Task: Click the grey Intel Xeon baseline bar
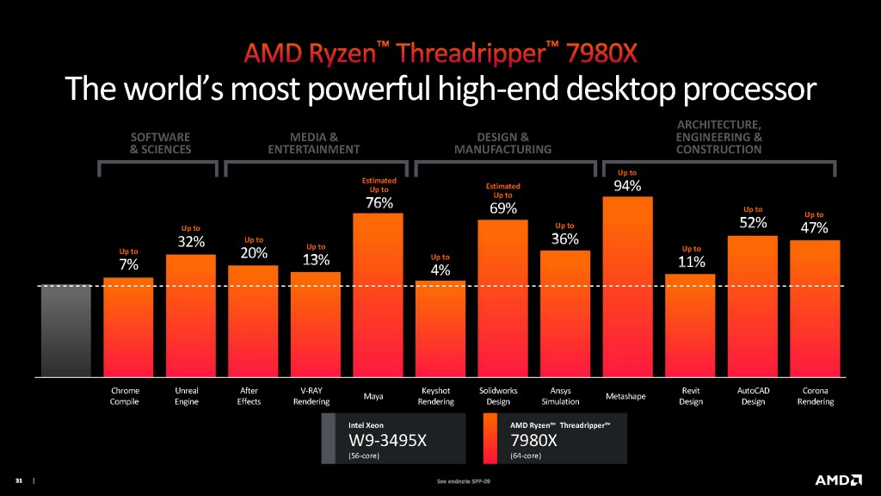tap(65, 331)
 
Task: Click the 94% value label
tap(627, 186)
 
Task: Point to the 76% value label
tap(379, 203)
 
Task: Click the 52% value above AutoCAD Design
tap(753, 224)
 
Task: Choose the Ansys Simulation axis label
tap(565, 396)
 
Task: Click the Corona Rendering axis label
tap(815, 396)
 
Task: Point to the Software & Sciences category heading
tap(160, 143)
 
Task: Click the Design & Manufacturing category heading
tap(502, 143)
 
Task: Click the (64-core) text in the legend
tap(526, 456)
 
